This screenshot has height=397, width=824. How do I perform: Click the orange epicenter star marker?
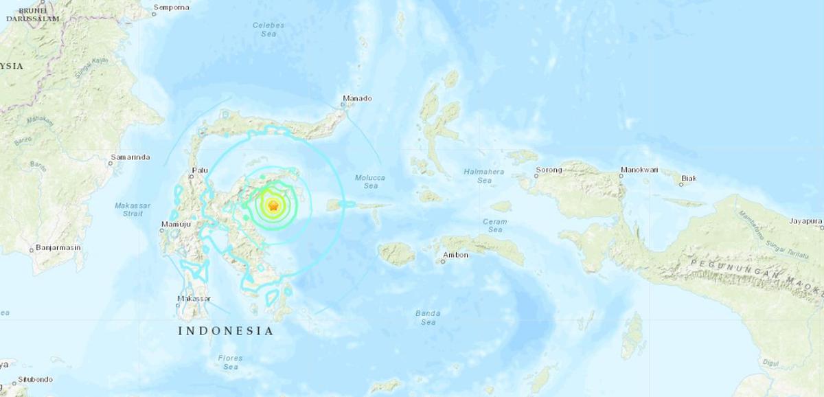(x=273, y=205)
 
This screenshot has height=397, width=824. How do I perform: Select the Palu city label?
(x=200, y=169)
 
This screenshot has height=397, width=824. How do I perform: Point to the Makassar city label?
(x=194, y=299)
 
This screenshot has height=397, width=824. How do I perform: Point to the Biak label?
(x=688, y=179)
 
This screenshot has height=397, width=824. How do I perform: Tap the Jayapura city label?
(x=805, y=221)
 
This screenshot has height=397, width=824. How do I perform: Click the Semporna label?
(x=170, y=8)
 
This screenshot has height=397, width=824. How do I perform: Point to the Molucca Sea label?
(x=369, y=181)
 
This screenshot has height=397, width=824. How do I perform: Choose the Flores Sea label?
(x=230, y=362)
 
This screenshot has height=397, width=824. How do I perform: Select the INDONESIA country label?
(x=225, y=331)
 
